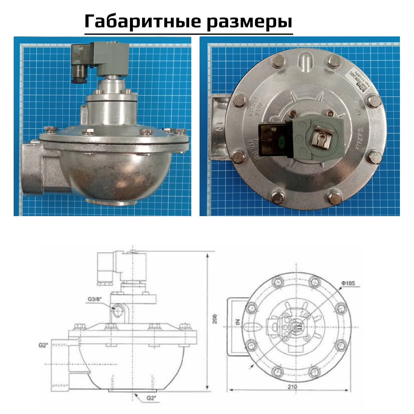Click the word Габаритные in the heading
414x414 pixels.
pyautogui.click(x=138, y=21)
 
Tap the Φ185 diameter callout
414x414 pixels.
pyautogui.click(x=347, y=283)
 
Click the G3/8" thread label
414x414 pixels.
pyautogui.click(x=95, y=298)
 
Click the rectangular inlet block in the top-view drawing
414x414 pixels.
pyautogui.click(x=238, y=327)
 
